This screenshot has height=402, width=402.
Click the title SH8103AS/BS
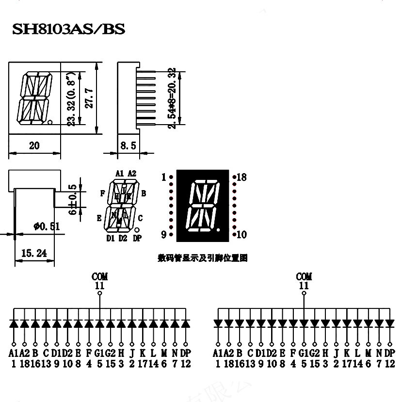tap(69, 30)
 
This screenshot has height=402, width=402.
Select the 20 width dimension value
tap(34, 145)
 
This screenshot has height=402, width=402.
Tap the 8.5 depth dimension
tap(128, 145)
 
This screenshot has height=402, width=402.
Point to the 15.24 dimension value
tap(34, 253)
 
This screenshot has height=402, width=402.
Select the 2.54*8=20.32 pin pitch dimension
tap(171, 98)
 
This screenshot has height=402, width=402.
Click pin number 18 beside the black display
tap(241, 177)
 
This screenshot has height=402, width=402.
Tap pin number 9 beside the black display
tap(164, 235)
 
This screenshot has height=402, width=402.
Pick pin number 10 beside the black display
tap(241, 235)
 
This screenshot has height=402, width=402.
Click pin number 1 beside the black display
tap(164, 177)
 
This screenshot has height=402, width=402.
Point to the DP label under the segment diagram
tap(137, 238)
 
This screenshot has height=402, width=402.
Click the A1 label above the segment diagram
tap(119, 173)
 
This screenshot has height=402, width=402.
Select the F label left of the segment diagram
tap(102, 193)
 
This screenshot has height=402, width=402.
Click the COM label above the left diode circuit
tap(99, 276)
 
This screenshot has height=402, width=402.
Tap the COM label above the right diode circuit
tap(304, 276)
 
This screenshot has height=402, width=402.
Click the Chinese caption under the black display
tap(203, 258)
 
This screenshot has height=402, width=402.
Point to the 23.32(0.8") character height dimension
tap(71, 100)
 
